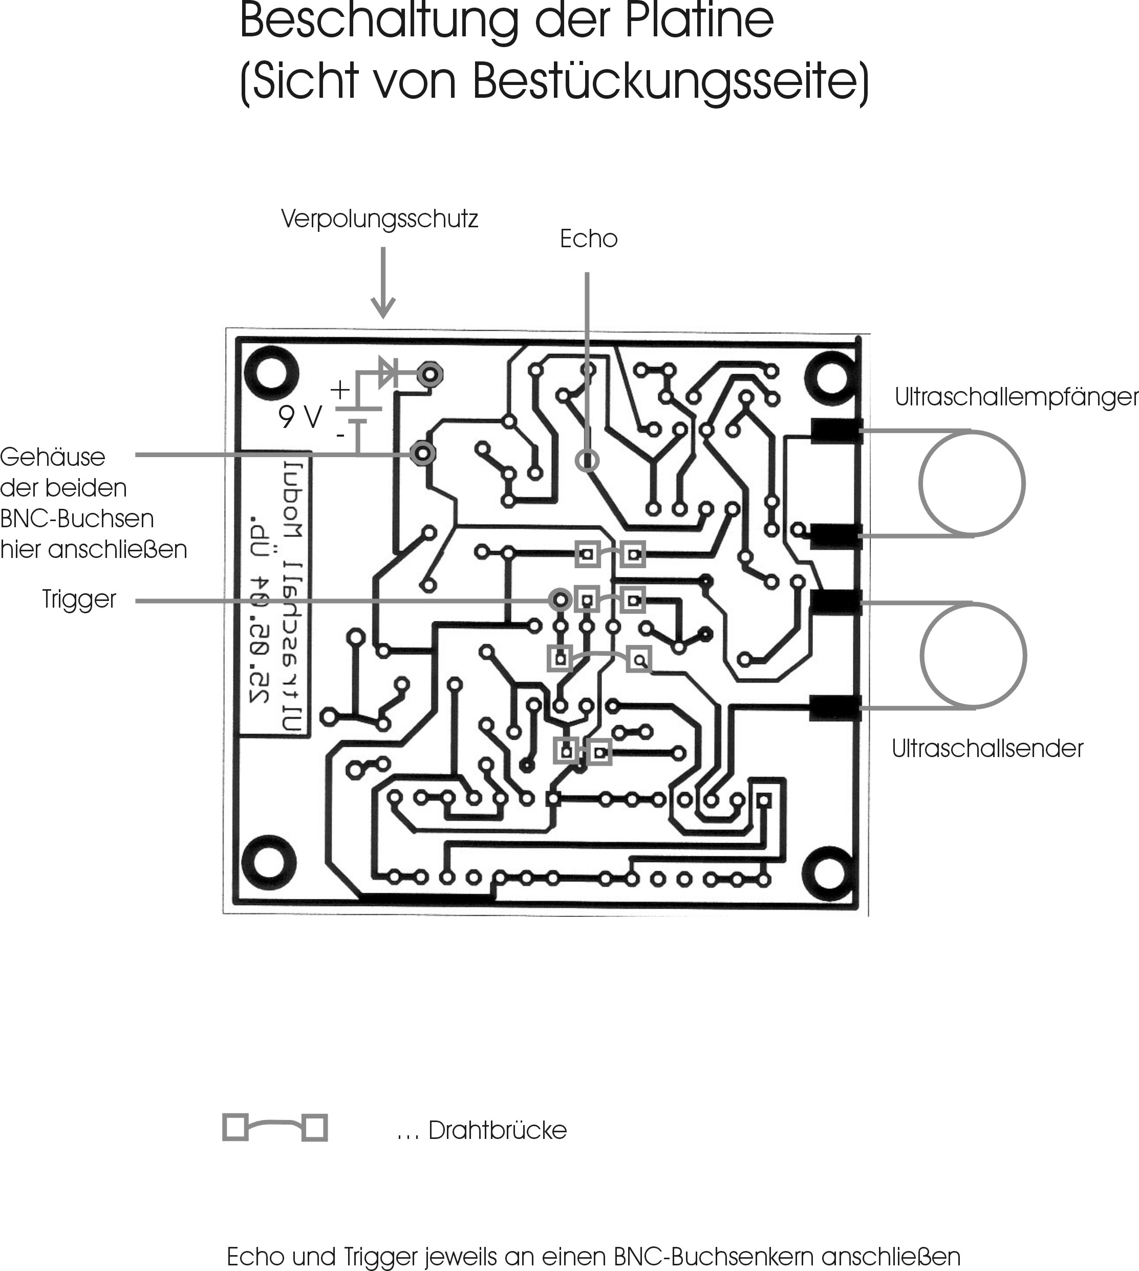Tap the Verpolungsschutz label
(379, 219)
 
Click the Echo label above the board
(588, 239)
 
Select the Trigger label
(79, 599)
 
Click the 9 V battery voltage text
(300, 417)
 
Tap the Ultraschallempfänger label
(1015, 397)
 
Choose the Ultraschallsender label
(987, 748)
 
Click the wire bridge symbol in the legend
(275, 1127)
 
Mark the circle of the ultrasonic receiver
(971, 483)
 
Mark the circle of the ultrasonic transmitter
(973, 655)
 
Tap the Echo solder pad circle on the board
(587, 461)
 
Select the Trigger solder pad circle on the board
(560, 600)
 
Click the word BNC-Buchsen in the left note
(76, 519)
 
